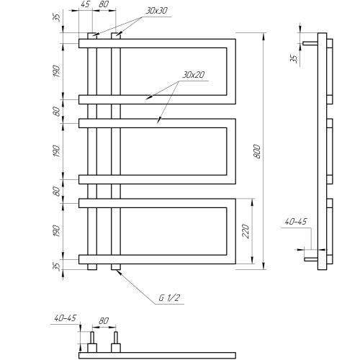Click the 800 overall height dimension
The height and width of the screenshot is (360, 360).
tap(257, 151)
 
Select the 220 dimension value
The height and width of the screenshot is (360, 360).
tap(246, 231)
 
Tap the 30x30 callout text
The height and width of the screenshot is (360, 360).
tap(156, 11)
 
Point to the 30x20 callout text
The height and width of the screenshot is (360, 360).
tap(194, 75)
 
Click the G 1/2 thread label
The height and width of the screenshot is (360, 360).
tap(169, 298)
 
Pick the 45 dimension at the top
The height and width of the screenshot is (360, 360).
tap(85, 4)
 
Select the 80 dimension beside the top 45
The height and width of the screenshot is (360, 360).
tap(104, 4)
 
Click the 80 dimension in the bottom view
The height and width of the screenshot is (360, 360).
tap(104, 320)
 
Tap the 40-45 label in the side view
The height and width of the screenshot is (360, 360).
tap(296, 221)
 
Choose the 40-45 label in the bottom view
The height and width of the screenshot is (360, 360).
tap(65, 318)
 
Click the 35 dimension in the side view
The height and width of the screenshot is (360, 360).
tap(294, 58)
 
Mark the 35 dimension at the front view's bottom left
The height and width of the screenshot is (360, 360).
tap(56, 266)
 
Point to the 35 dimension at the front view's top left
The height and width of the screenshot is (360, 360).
tap(56, 17)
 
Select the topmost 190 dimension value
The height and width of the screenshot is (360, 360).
tap(56, 71)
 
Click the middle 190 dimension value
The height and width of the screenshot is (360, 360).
tap(56, 151)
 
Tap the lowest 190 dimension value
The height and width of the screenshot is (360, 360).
tap(56, 231)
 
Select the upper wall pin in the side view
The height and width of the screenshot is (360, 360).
tap(310, 43)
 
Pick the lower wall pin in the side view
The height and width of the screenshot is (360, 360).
tap(311, 259)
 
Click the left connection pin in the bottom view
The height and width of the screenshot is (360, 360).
tap(92, 338)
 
